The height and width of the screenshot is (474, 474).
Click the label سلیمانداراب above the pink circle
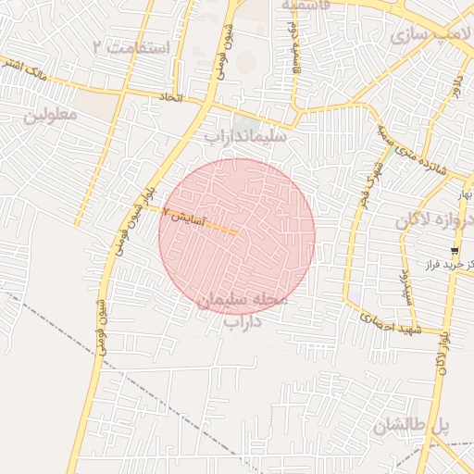[x=244, y=136]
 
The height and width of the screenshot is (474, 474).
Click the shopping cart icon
[x=455, y=251]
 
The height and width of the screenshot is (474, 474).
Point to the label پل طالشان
[x=412, y=427]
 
